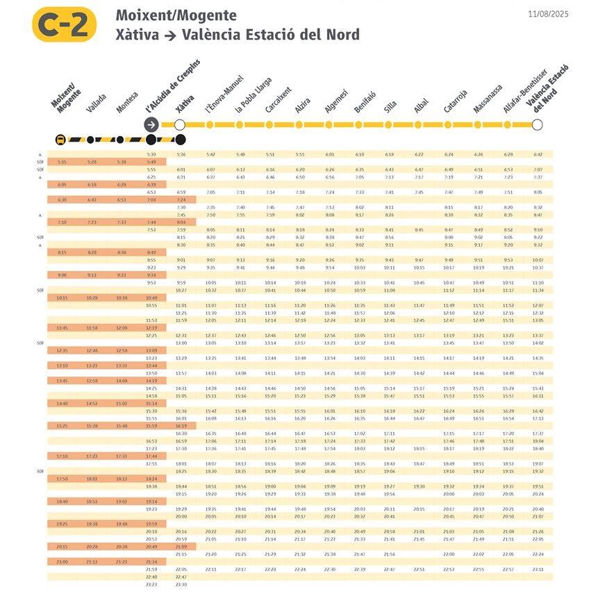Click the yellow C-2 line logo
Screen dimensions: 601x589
[x=64, y=24]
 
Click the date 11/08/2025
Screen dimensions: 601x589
[x=548, y=14]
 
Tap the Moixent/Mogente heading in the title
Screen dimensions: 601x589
[x=176, y=15]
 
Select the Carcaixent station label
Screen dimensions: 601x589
[x=279, y=100]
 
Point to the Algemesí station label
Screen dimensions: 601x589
[x=337, y=101]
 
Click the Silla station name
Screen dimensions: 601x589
[x=391, y=106]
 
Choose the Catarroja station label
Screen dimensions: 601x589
[x=456, y=101]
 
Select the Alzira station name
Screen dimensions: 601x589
[x=303, y=105]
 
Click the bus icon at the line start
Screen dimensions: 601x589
[x=60, y=139]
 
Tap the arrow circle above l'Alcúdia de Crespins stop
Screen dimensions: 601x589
[x=151, y=125]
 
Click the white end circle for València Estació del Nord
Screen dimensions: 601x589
[x=537, y=125]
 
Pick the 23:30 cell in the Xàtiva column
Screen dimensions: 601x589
[x=181, y=585]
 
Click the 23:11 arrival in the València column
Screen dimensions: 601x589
[x=538, y=569]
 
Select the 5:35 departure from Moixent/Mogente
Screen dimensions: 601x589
[x=61, y=162]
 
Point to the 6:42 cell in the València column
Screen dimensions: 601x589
[x=538, y=154]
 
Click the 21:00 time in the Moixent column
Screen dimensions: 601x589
[x=61, y=561]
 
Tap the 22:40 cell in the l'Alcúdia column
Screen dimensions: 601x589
[x=151, y=577]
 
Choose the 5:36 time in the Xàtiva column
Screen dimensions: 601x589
[x=181, y=154]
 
